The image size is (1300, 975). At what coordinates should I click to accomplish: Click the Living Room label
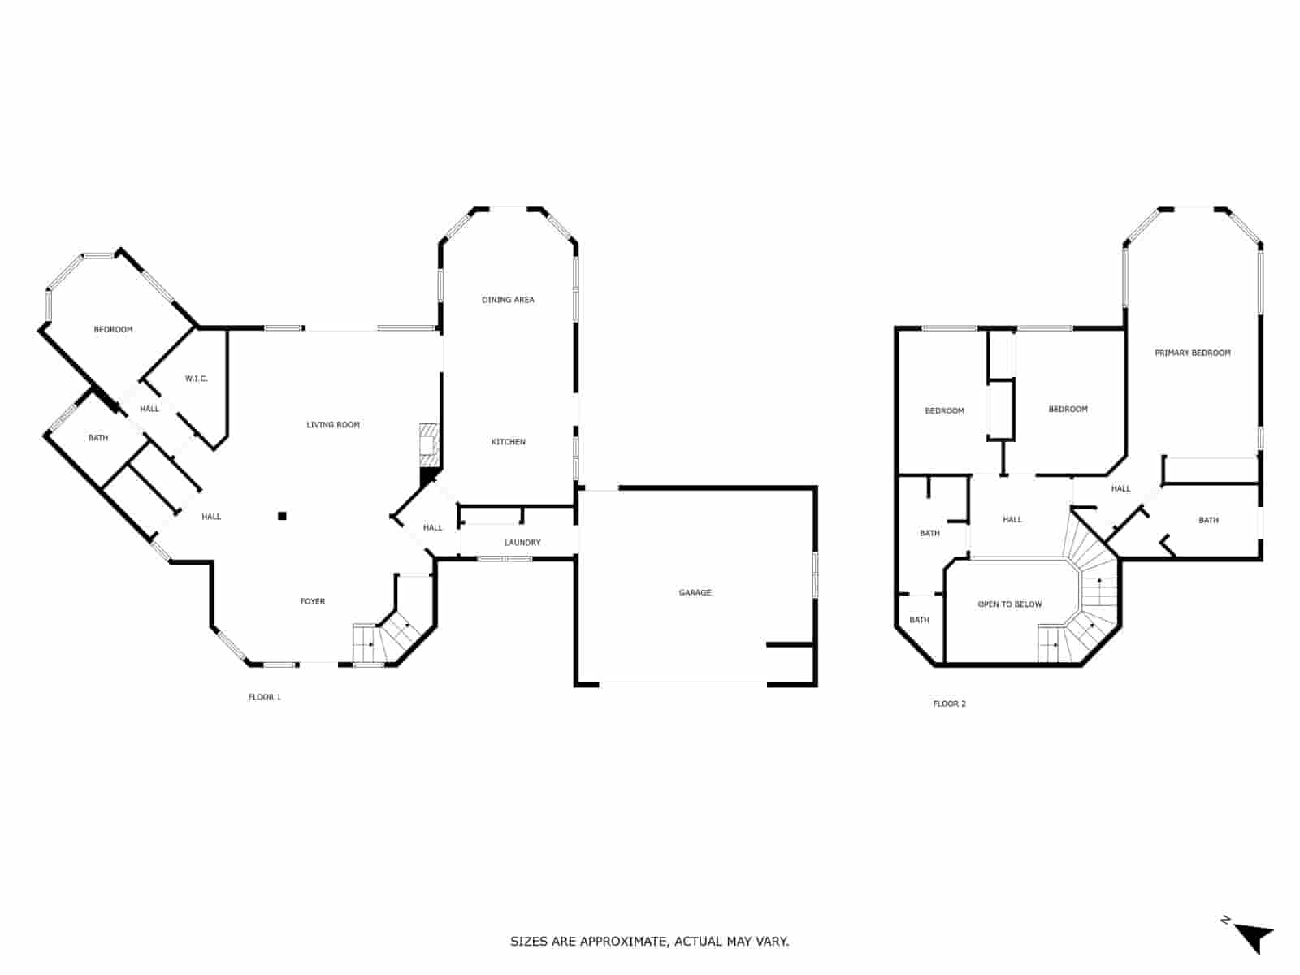pyautogui.click(x=333, y=424)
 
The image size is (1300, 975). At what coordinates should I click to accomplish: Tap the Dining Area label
pyautogui.click(x=508, y=300)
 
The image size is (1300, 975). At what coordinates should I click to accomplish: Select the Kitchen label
pyautogui.click(x=508, y=442)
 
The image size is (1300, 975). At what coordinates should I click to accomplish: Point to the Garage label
pyautogui.click(x=695, y=592)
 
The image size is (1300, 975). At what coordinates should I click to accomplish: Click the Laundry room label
pyautogui.click(x=522, y=542)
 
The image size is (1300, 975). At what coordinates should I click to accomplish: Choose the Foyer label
pyautogui.click(x=313, y=601)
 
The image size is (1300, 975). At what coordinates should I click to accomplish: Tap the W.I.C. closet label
pyautogui.click(x=196, y=379)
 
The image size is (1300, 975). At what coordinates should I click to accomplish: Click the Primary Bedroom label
pyautogui.click(x=1192, y=353)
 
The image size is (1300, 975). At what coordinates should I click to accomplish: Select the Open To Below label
pyautogui.click(x=1010, y=604)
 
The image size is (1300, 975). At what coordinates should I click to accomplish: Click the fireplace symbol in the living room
pyautogui.click(x=429, y=445)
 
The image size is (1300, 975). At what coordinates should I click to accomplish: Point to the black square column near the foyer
pyautogui.click(x=283, y=516)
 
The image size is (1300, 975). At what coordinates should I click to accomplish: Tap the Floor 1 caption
pyautogui.click(x=265, y=697)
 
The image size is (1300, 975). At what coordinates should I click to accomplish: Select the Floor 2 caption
pyautogui.click(x=949, y=704)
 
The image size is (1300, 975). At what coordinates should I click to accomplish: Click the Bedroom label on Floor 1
pyautogui.click(x=113, y=329)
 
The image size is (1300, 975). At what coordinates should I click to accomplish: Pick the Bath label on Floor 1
pyautogui.click(x=98, y=437)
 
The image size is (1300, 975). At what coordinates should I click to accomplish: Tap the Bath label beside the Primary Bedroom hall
pyautogui.click(x=1208, y=520)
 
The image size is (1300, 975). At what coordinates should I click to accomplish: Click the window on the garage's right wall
pyautogui.click(x=815, y=574)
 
